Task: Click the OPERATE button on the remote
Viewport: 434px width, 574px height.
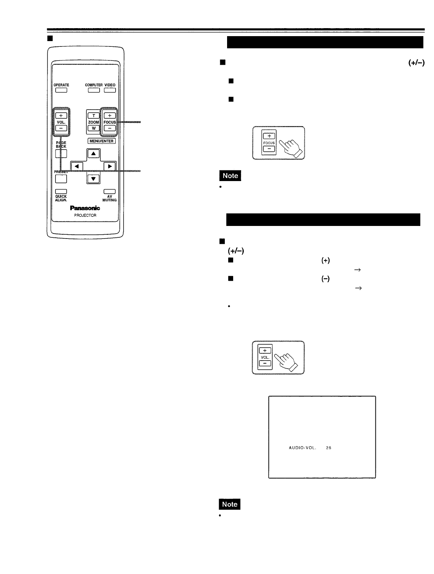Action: (61, 91)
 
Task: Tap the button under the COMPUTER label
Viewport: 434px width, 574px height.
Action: (94, 91)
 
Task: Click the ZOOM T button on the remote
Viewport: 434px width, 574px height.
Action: (93, 116)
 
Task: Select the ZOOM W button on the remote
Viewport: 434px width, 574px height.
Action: (93, 128)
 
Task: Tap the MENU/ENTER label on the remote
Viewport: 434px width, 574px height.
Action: (102, 141)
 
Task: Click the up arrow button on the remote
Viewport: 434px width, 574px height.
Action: (94, 154)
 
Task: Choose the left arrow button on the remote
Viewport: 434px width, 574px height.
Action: (77, 166)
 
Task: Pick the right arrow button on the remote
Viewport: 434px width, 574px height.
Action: (110, 166)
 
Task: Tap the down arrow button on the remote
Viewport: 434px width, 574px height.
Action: (94, 178)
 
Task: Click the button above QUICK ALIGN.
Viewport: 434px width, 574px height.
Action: (61, 191)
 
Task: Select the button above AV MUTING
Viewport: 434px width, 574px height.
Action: (110, 191)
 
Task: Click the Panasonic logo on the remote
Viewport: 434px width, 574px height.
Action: (85, 208)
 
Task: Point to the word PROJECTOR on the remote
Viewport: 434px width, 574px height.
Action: (85, 215)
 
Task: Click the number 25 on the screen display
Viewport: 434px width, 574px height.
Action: (329, 448)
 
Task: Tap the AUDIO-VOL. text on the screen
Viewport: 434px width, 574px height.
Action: (303, 448)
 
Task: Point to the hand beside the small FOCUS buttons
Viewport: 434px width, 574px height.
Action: (291, 148)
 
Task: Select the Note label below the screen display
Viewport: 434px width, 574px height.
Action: (230, 504)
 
